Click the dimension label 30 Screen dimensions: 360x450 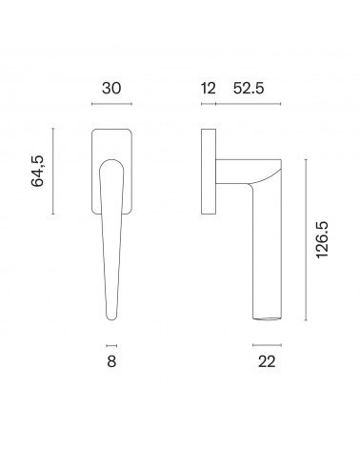[x=111, y=88]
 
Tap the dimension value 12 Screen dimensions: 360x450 [x=209, y=88]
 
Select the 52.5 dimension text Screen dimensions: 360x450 [x=249, y=88]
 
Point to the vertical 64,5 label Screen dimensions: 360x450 [x=37, y=171]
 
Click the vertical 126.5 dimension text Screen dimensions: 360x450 [x=322, y=240]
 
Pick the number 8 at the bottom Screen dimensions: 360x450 [x=111, y=361]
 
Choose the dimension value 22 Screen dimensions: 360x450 [x=267, y=361]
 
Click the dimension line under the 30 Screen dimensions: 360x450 [x=111, y=104]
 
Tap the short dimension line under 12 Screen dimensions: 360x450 [x=209, y=104]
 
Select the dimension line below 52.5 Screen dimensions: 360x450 [x=249, y=104]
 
